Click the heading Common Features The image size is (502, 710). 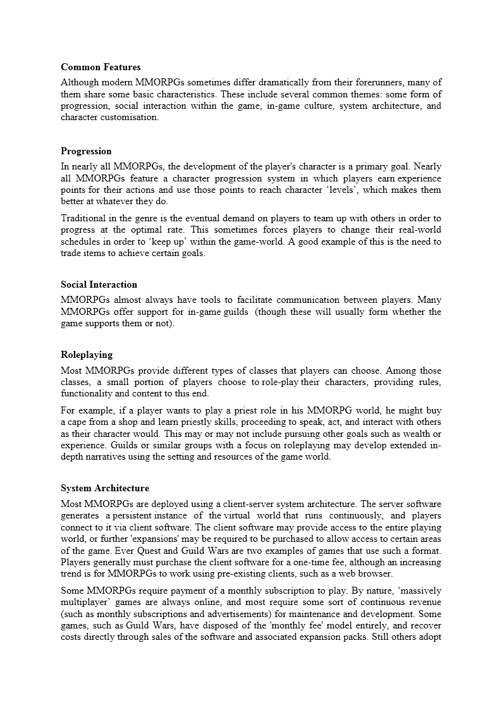tap(101, 66)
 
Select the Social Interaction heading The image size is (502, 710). tap(99, 285)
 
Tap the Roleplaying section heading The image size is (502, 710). tap(86, 355)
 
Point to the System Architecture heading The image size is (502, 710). tap(105, 488)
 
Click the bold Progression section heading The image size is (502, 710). tap(86, 151)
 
